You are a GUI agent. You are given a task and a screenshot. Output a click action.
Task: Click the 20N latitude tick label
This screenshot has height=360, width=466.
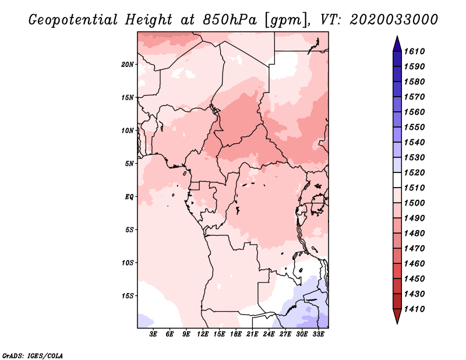tap(128, 64)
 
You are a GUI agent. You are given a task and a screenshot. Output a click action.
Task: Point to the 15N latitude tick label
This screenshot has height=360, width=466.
tap(128, 97)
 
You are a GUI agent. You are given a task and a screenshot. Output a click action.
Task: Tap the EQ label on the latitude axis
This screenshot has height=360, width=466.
tap(129, 196)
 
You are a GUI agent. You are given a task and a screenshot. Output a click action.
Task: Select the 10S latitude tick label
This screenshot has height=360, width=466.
tap(128, 263)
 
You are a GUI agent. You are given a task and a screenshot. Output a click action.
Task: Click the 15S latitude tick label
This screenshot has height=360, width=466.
tap(128, 296)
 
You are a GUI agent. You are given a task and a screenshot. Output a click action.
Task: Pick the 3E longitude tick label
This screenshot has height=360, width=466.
tap(153, 334)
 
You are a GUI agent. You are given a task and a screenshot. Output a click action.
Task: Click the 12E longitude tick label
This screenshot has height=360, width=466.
tap(203, 334)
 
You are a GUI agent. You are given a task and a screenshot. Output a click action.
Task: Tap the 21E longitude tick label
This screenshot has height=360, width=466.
tap(252, 334)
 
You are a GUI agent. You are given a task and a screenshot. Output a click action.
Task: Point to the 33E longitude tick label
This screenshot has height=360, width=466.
tap(318, 334)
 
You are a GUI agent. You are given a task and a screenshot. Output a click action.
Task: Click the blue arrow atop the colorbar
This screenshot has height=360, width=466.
tap(396, 43)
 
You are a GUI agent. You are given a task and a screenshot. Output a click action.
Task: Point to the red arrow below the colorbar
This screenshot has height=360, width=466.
tap(396, 317)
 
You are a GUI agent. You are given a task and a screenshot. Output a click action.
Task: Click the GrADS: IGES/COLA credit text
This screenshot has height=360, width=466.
tap(33, 355)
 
